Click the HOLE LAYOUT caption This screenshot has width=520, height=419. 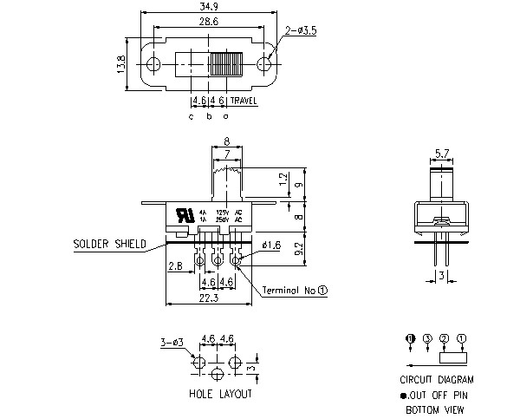[220, 394]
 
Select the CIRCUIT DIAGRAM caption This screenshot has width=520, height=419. [437, 379]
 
